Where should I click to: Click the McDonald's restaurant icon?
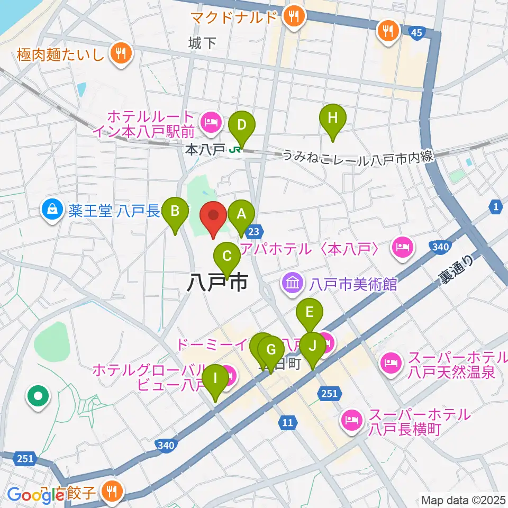[x=292, y=16]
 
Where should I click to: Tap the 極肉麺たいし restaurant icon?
[x=121, y=52]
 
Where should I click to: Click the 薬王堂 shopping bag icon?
[x=53, y=211]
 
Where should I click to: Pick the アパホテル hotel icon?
[x=402, y=247]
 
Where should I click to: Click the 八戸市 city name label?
[x=217, y=283]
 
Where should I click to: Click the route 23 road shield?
[x=254, y=231]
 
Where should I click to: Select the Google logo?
[x=36, y=494]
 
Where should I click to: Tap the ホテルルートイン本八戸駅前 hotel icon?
[x=211, y=123]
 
